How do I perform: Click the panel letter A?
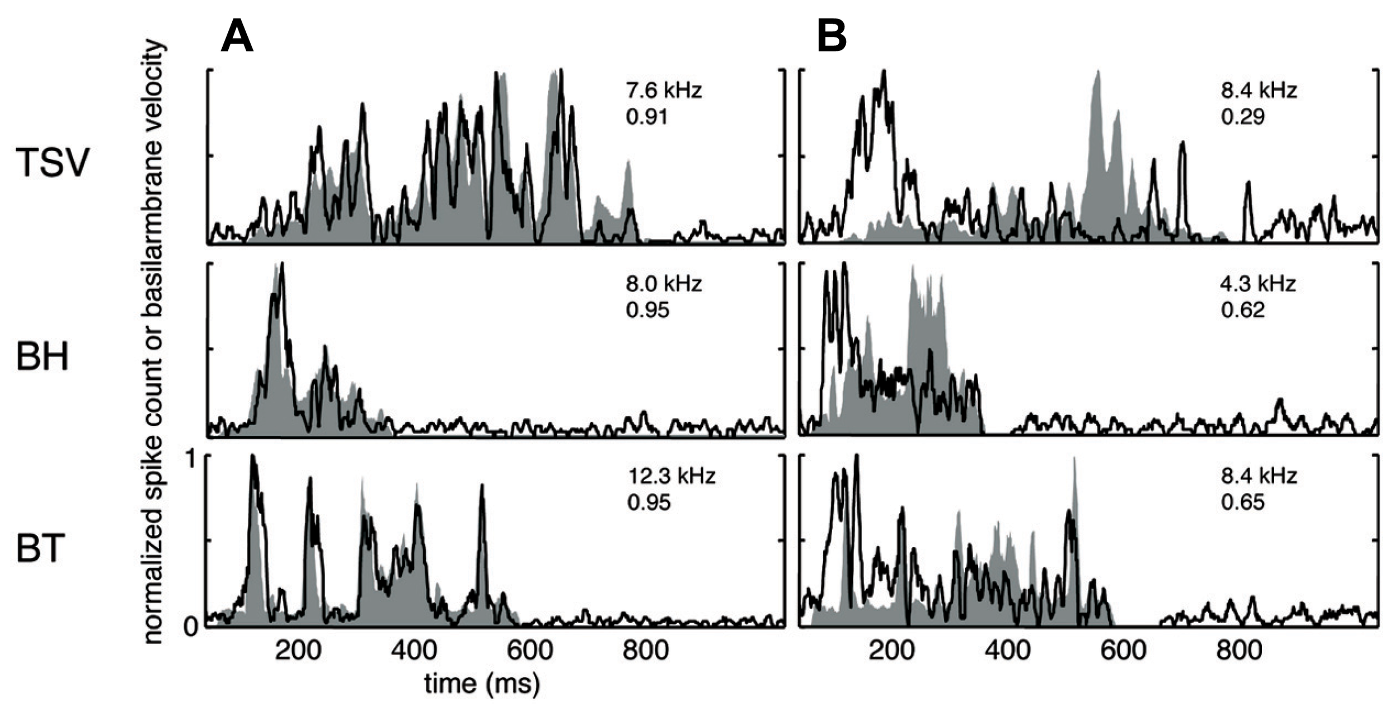237,38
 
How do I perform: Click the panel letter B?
832,38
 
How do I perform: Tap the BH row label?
43,356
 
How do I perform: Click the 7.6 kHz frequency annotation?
664,90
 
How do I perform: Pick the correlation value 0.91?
647,117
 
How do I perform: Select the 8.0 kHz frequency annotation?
664,284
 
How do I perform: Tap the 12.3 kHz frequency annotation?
672,476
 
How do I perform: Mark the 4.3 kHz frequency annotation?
1258,284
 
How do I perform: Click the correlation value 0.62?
1243,310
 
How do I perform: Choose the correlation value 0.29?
1243,117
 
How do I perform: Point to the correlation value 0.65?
1243,502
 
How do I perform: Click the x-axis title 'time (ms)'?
482,684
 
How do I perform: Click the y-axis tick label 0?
191,627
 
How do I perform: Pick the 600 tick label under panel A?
529,651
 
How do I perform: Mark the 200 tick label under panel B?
891,651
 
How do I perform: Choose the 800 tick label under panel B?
1240,651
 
